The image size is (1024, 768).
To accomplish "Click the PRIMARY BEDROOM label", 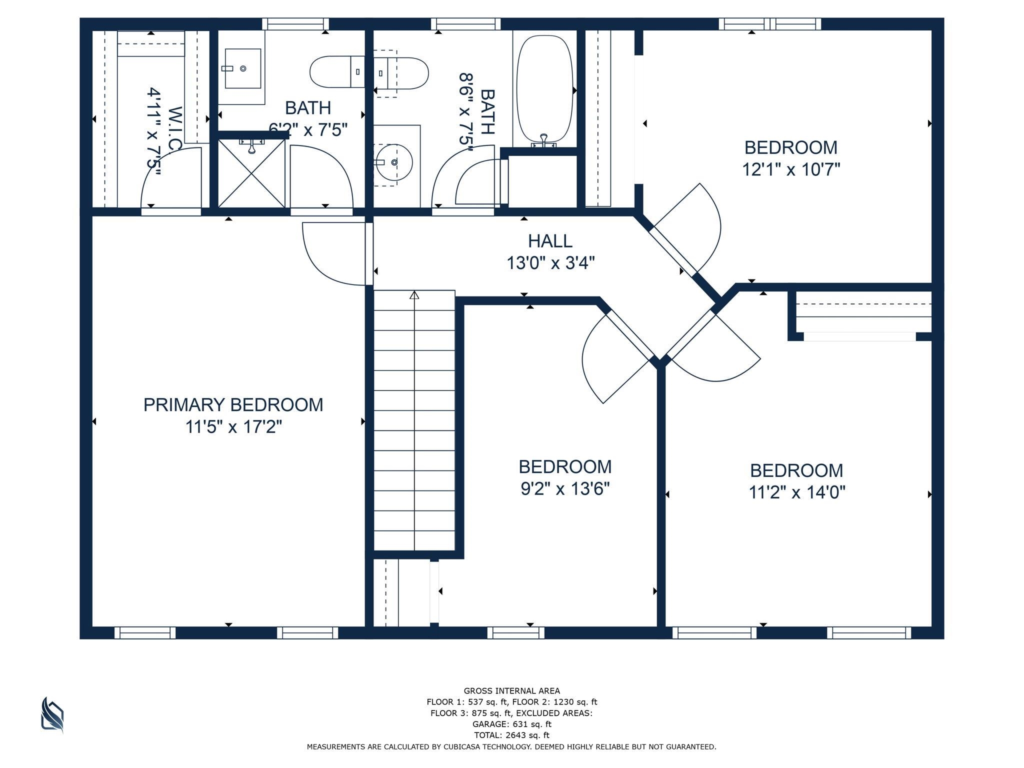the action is coord(233,404).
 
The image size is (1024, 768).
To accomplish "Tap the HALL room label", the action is coord(550,241).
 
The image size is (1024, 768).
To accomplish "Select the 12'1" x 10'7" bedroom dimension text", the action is coord(791,169).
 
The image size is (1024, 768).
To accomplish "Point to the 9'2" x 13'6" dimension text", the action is coord(565,488).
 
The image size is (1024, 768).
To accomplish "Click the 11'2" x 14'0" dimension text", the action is coord(796,492).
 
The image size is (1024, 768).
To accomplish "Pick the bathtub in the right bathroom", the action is coord(544,91).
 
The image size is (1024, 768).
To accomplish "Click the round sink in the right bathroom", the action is coord(394,162).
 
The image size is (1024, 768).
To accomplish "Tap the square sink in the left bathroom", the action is coord(242,68).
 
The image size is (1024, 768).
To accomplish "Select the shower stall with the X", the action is coord(251,173).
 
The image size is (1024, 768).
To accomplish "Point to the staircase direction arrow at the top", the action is coord(414,295).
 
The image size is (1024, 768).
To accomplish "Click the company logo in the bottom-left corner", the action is coord(52,715).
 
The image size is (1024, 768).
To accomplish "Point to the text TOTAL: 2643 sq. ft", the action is coord(511,735).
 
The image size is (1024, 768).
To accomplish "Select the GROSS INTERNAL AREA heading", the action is coord(511,691).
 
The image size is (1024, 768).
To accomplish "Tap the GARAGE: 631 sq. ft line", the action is coord(511,724).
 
